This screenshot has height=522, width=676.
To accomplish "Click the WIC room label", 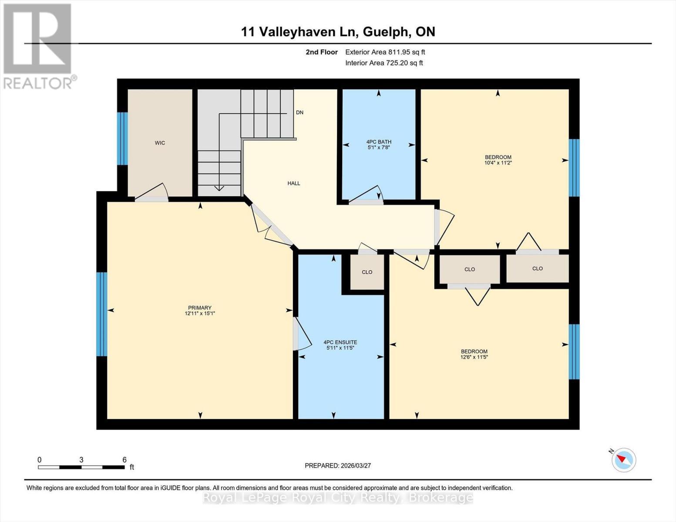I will (160, 143).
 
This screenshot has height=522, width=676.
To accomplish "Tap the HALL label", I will (294, 184).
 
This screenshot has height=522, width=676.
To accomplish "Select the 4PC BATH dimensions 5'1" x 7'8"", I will (379, 147).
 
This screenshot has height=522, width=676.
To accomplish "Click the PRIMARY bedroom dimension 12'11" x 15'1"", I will (200, 313).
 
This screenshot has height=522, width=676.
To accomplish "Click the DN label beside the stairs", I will (299, 113).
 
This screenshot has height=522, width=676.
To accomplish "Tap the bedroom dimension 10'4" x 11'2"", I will (498, 163).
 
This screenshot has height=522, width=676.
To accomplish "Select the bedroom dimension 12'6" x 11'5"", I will (474, 357).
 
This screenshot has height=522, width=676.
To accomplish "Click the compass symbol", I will (623, 460).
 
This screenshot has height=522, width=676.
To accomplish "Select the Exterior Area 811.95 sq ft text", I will (385, 52).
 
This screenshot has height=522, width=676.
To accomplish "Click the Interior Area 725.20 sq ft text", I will (384, 63).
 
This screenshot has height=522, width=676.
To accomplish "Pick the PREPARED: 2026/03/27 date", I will (338, 465).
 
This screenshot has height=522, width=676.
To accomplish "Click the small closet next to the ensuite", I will (367, 272).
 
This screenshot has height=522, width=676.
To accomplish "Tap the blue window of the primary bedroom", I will (101, 314).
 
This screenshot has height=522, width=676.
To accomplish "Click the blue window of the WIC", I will (123, 139).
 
